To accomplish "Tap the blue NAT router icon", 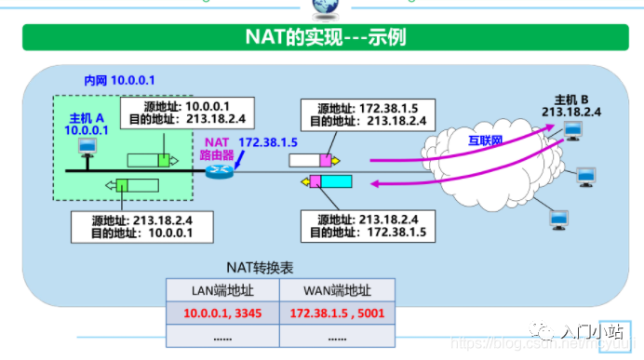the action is pyautogui.click(x=221, y=169).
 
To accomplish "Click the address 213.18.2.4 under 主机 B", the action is pyautogui.click(x=571, y=112).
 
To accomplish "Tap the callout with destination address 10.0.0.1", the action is pyautogui.click(x=141, y=224).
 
